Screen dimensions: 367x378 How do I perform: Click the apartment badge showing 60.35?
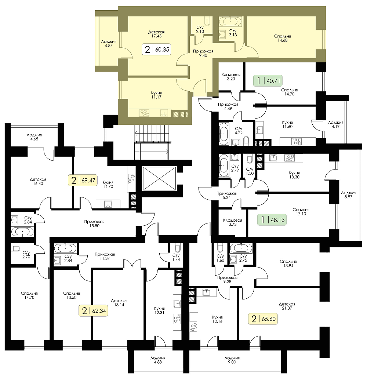[156, 50]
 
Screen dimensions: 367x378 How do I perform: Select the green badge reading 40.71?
[268, 81]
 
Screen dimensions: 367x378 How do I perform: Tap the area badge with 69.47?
[83, 180]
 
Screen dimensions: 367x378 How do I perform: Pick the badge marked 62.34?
[93, 311]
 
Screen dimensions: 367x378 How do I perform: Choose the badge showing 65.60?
[263, 319]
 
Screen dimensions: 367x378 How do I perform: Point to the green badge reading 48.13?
[272, 219]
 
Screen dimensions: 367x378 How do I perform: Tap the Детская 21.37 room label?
[287, 306]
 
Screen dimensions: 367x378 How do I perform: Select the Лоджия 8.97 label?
[348, 195]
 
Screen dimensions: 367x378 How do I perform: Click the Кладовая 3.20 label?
[231, 77]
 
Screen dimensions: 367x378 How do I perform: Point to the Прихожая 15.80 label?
[94, 223]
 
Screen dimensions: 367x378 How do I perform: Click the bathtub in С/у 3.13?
[230, 21]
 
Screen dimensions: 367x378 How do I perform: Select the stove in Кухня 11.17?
[145, 113]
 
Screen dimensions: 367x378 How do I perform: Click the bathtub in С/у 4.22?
[224, 134]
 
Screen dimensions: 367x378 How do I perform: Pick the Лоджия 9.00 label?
[232, 360]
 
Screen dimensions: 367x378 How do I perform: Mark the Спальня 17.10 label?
[301, 212]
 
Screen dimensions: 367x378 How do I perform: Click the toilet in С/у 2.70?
[16, 248]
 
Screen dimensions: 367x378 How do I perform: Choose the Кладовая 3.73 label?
[232, 222]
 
